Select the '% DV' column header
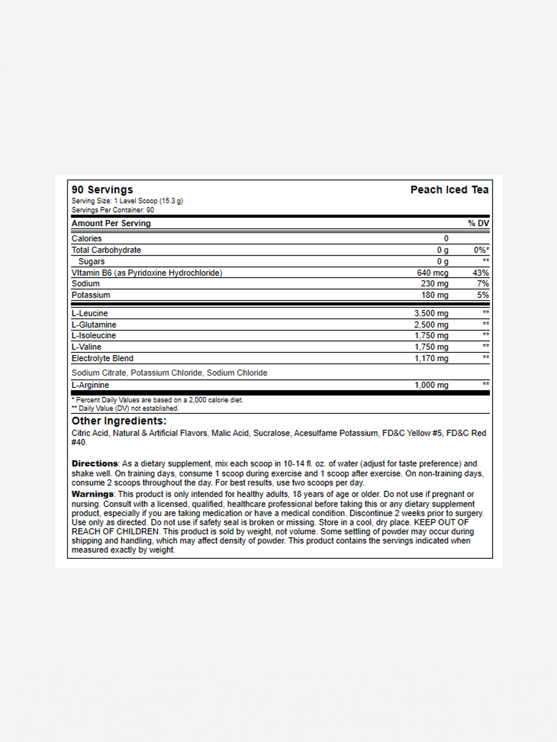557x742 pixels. click(478, 223)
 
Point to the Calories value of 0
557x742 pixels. click(446, 239)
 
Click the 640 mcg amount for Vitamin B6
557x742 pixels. click(433, 273)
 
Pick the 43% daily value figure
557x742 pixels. click(481, 273)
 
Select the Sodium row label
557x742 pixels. click(85, 283)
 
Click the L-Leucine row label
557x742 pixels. click(90, 313)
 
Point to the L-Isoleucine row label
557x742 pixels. click(94, 335)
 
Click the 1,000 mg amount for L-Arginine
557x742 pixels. click(431, 385)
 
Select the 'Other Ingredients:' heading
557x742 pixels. click(119, 421)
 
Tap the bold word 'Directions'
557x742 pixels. click(95, 464)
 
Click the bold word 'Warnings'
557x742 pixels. click(93, 494)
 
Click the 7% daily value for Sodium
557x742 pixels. click(483, 283)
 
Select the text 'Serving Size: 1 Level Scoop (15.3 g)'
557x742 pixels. click(127, 201)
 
